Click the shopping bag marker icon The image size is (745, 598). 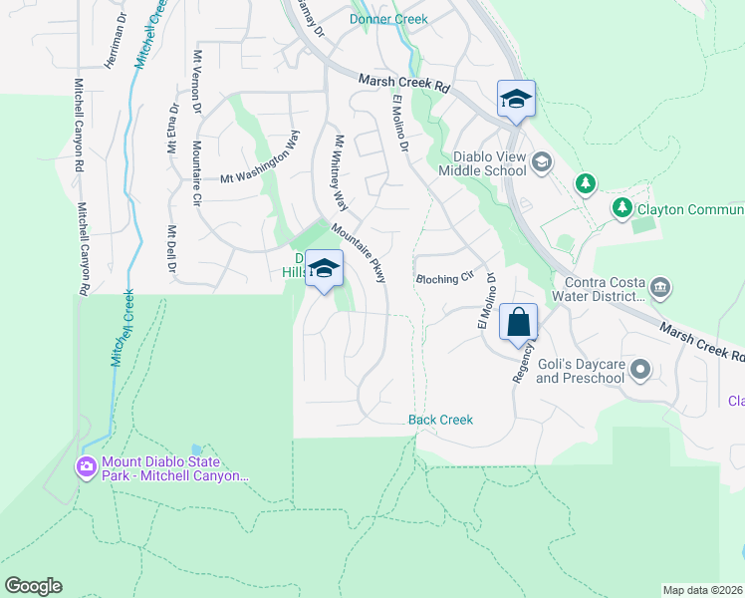click(519, 323)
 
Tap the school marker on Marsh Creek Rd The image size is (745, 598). click(516, 100)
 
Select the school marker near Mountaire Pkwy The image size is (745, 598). click(324, 269)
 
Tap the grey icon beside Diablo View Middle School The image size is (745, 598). click(542, 161)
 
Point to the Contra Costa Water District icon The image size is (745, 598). click(660, 289)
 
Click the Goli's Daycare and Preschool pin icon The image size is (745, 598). click(639, 371)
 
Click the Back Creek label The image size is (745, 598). click(440, 420)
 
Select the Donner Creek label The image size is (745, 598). click(388, 19)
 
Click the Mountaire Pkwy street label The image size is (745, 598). click(359, 252)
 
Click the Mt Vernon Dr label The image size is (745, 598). click(197, 84)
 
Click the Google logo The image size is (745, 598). click(33, 586)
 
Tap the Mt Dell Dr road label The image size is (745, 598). click(171, 249)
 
